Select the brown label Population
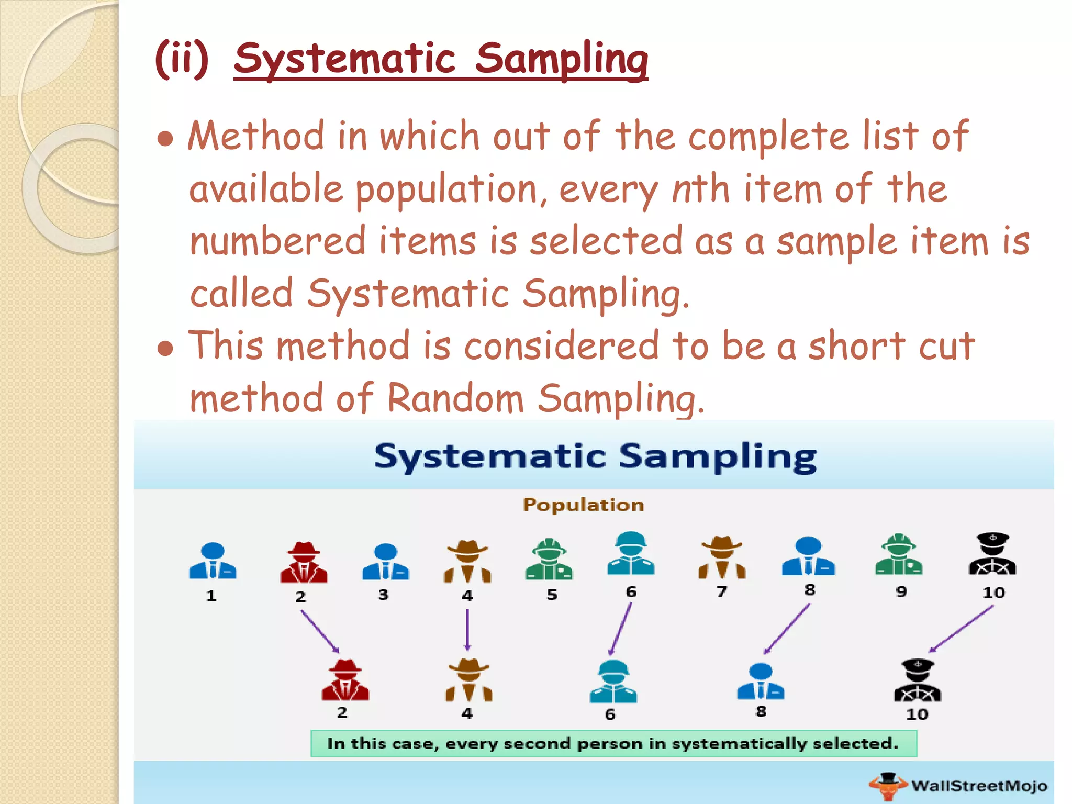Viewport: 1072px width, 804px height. click(583, 505)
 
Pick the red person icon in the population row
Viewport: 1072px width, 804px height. click(304, 563)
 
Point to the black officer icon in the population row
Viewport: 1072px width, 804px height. click(992, 554)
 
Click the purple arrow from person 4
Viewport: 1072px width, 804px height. click(467, 630)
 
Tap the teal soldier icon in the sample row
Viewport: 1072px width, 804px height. click(613, 681)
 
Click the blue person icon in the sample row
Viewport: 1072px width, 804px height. click(761, 682)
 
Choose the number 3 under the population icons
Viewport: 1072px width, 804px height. click(383, 595)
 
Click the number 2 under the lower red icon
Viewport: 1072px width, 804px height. click(342, 712)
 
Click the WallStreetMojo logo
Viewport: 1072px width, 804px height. click(958, 785)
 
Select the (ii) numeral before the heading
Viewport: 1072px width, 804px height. click(182, 59)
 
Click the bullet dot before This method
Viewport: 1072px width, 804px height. click(165, 348)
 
